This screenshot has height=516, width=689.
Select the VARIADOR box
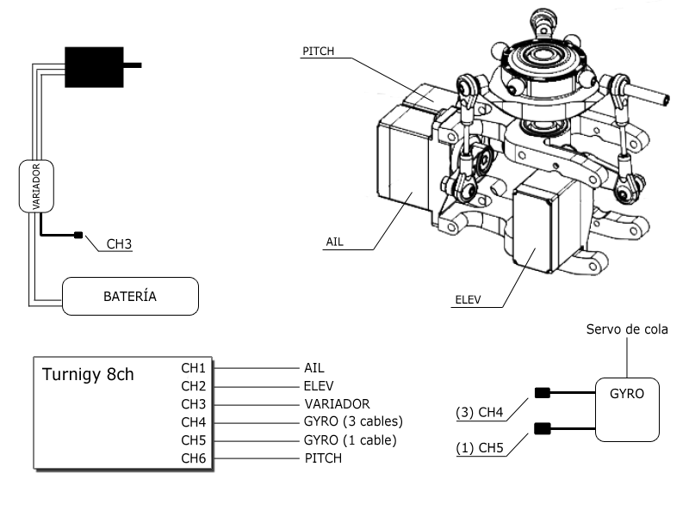pyautogui.click(x=36, y=186)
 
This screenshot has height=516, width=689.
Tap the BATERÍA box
pyautogui.click(x=130, y=297)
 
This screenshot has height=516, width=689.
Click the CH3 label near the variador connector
pyautogui.click(x=119, y=243)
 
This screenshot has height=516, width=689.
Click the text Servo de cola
pyautogui.click(x=627, y=329)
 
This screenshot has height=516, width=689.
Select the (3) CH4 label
pyautogui.click(x=478, y=413)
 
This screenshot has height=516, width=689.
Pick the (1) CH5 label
pyautogui.click(x=478, y=447)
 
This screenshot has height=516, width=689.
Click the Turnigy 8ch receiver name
pyautogui.click(x=88, y=375)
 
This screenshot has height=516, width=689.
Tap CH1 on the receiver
pyautogui.click(x=194, y=367)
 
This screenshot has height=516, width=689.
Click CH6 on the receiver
pyautogui.click(x=194, y=458)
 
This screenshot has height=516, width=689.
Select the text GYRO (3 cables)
pyautogui.click(x=354, y=421)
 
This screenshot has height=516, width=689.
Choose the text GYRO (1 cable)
pyautogui.click(x=351, y=440)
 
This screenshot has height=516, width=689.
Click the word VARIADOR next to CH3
pyautogui.click(x=337, y=403)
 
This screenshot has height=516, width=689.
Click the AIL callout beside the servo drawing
pyautogui.click(x=334, y=242)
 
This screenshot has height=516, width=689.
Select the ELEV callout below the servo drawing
pyautogui.click(x=467, y=300)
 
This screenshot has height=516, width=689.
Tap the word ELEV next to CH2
pyautogui.click(x=319, y=385)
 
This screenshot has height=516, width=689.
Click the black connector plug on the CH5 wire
pyautogui.click(x=542, y=428)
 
